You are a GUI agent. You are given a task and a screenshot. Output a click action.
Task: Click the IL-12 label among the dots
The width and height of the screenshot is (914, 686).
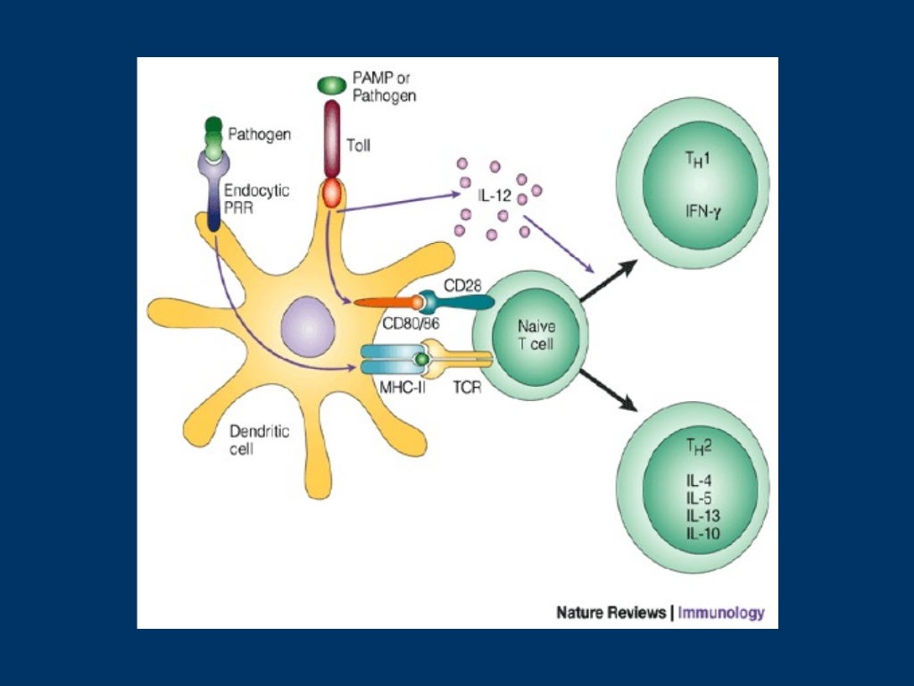(x=493, y=193)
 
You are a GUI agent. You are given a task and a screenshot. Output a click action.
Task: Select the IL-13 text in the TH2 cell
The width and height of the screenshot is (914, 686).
(x=703, y=517)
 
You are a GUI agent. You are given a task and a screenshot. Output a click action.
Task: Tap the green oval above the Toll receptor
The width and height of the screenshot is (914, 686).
(x=331, y=85)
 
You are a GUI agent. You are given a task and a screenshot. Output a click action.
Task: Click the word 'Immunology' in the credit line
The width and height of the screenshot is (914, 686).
(x=721, y=613)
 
